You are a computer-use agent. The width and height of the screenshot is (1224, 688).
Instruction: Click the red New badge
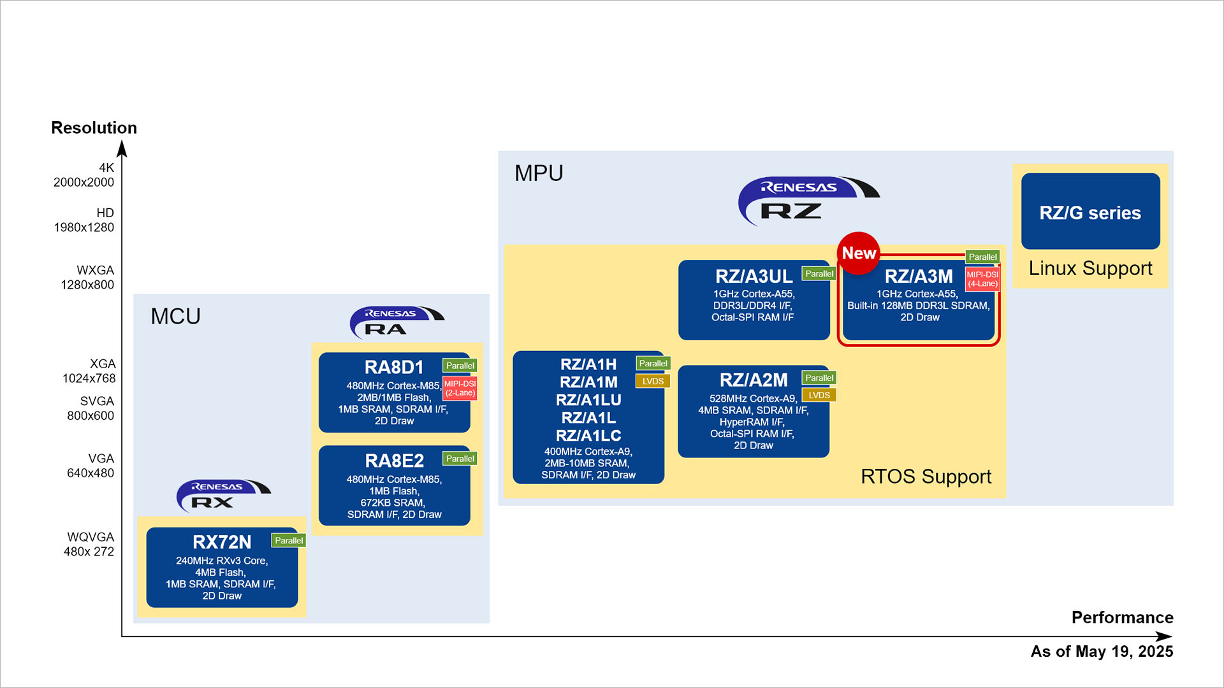point(858,253)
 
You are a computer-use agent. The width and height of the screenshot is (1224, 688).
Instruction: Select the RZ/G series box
point(1090,211)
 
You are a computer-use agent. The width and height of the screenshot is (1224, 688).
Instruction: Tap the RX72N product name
point(222,542)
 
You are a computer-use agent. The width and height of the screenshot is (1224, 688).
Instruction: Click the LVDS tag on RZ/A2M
point(819,395)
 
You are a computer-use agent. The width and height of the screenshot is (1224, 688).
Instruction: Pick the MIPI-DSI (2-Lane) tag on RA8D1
point(460,388)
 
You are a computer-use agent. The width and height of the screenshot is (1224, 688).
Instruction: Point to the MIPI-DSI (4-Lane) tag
point(982,279)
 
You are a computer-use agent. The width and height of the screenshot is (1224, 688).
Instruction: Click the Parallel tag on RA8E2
point(460,459)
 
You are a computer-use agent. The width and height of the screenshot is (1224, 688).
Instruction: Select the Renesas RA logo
point(397,322)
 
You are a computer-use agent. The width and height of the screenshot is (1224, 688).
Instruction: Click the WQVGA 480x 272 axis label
point(89,545)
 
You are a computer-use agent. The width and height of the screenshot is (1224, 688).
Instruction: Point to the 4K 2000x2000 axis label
point(84,175)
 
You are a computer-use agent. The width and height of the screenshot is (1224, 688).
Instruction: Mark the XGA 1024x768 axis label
point(89,371)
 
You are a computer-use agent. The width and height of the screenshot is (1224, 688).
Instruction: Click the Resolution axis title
point(94,127)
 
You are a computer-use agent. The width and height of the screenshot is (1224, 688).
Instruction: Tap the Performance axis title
point(1122,617)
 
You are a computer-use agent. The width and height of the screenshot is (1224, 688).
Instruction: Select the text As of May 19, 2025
point(1102,651)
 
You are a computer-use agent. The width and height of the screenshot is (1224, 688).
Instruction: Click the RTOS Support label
point(926,477)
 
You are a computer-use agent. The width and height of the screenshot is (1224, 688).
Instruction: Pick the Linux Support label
point(1090,268)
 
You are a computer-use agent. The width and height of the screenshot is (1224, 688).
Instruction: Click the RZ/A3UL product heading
point(754,276)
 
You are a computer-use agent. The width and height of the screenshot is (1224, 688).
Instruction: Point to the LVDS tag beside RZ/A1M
point(653,381)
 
